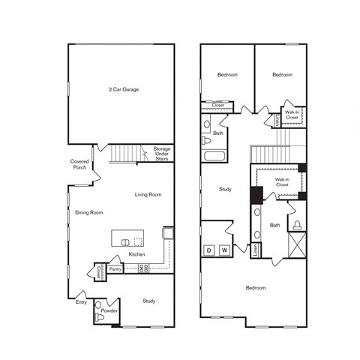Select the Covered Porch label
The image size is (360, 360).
click(x=80, y=163)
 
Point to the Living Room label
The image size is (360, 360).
click(x=148, y=195)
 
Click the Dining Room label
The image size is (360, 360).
click(x=88, y=212)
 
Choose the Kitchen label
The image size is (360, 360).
click(x=136, y=255)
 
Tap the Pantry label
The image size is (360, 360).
click(x=115, y=268)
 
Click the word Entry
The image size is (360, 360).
click(x=80, y=302)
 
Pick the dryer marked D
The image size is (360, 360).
click(x=209, y=250)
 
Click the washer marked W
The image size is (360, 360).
click(x=223, y=250)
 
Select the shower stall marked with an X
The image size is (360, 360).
click(x=297, y=245)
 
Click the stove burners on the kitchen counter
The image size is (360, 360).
click(x=142, y=268)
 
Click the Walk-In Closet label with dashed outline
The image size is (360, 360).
click(x=282, y=182)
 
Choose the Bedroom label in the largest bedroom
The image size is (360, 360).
click(x=256, y=287)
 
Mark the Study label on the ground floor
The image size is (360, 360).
click(x=148, y=301)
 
